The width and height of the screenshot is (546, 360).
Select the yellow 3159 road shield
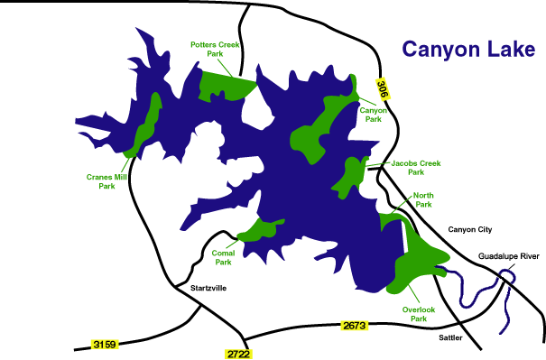(106, 344)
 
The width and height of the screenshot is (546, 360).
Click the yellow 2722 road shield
(236, 353)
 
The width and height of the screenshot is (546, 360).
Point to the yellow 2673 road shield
(355, 324)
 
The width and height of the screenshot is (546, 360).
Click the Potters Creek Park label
(214, 49)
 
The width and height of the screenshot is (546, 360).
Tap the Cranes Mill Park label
(106, 181)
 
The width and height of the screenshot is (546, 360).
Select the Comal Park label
(223, 257)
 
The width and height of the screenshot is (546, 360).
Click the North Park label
(422, 199)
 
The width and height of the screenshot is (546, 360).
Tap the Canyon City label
(473, 230)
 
